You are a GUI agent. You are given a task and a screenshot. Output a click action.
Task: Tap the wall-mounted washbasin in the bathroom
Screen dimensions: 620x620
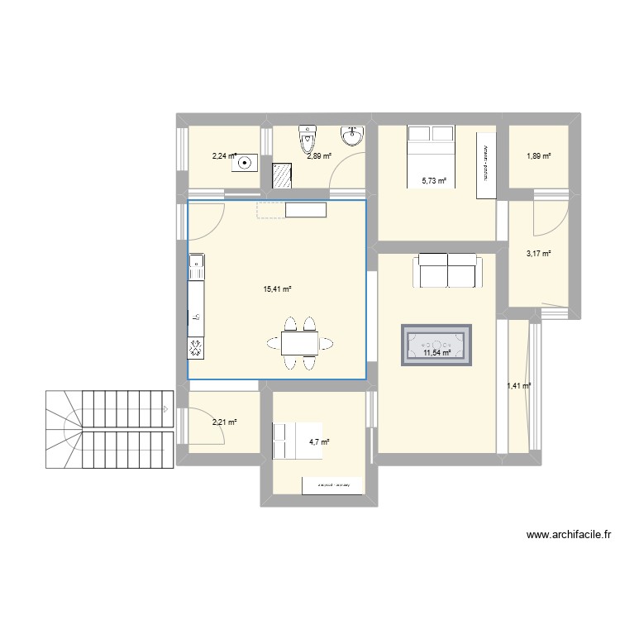tap(353, 136)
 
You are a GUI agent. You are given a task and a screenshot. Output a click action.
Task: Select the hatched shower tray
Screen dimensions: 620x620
tap(283, 174)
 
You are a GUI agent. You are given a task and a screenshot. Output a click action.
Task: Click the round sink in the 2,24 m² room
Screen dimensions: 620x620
tap(244, 164)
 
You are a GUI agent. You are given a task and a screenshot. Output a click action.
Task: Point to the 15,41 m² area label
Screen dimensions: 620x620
tap(277, 289)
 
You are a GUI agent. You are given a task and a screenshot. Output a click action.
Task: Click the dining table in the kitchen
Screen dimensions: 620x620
tap(298, 342)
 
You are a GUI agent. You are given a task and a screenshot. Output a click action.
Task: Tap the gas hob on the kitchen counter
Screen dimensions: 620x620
tap(197, 349)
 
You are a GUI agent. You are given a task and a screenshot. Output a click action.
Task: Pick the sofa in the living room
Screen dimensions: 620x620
tap(447, 271)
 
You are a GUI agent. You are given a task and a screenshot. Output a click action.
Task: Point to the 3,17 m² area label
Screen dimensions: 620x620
tap(538, 255)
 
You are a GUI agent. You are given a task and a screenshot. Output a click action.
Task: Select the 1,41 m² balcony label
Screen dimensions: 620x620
tap(518, 385)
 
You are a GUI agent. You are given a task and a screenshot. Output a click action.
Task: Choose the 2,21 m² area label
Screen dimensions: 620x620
tap(224, 422)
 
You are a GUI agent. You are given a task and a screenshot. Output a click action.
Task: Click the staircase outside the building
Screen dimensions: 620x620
tap(107, 429)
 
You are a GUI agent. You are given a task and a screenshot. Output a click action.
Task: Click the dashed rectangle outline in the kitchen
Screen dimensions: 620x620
tap(270, 210)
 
